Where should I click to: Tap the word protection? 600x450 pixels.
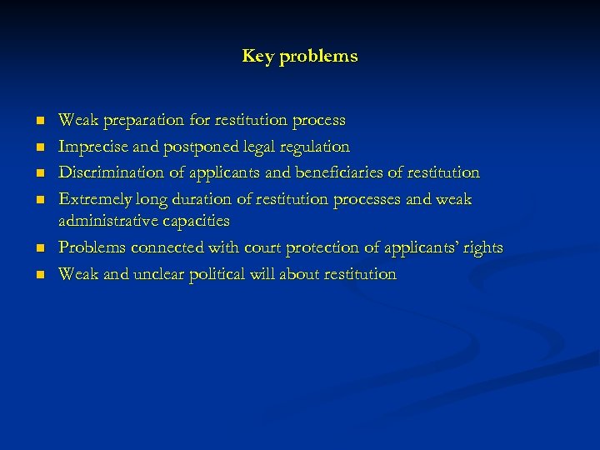[307, 248]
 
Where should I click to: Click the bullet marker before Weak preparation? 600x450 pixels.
[38, 122]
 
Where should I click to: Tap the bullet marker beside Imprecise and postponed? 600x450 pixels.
[38, 147]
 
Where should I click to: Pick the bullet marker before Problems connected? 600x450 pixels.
[38, 249]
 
